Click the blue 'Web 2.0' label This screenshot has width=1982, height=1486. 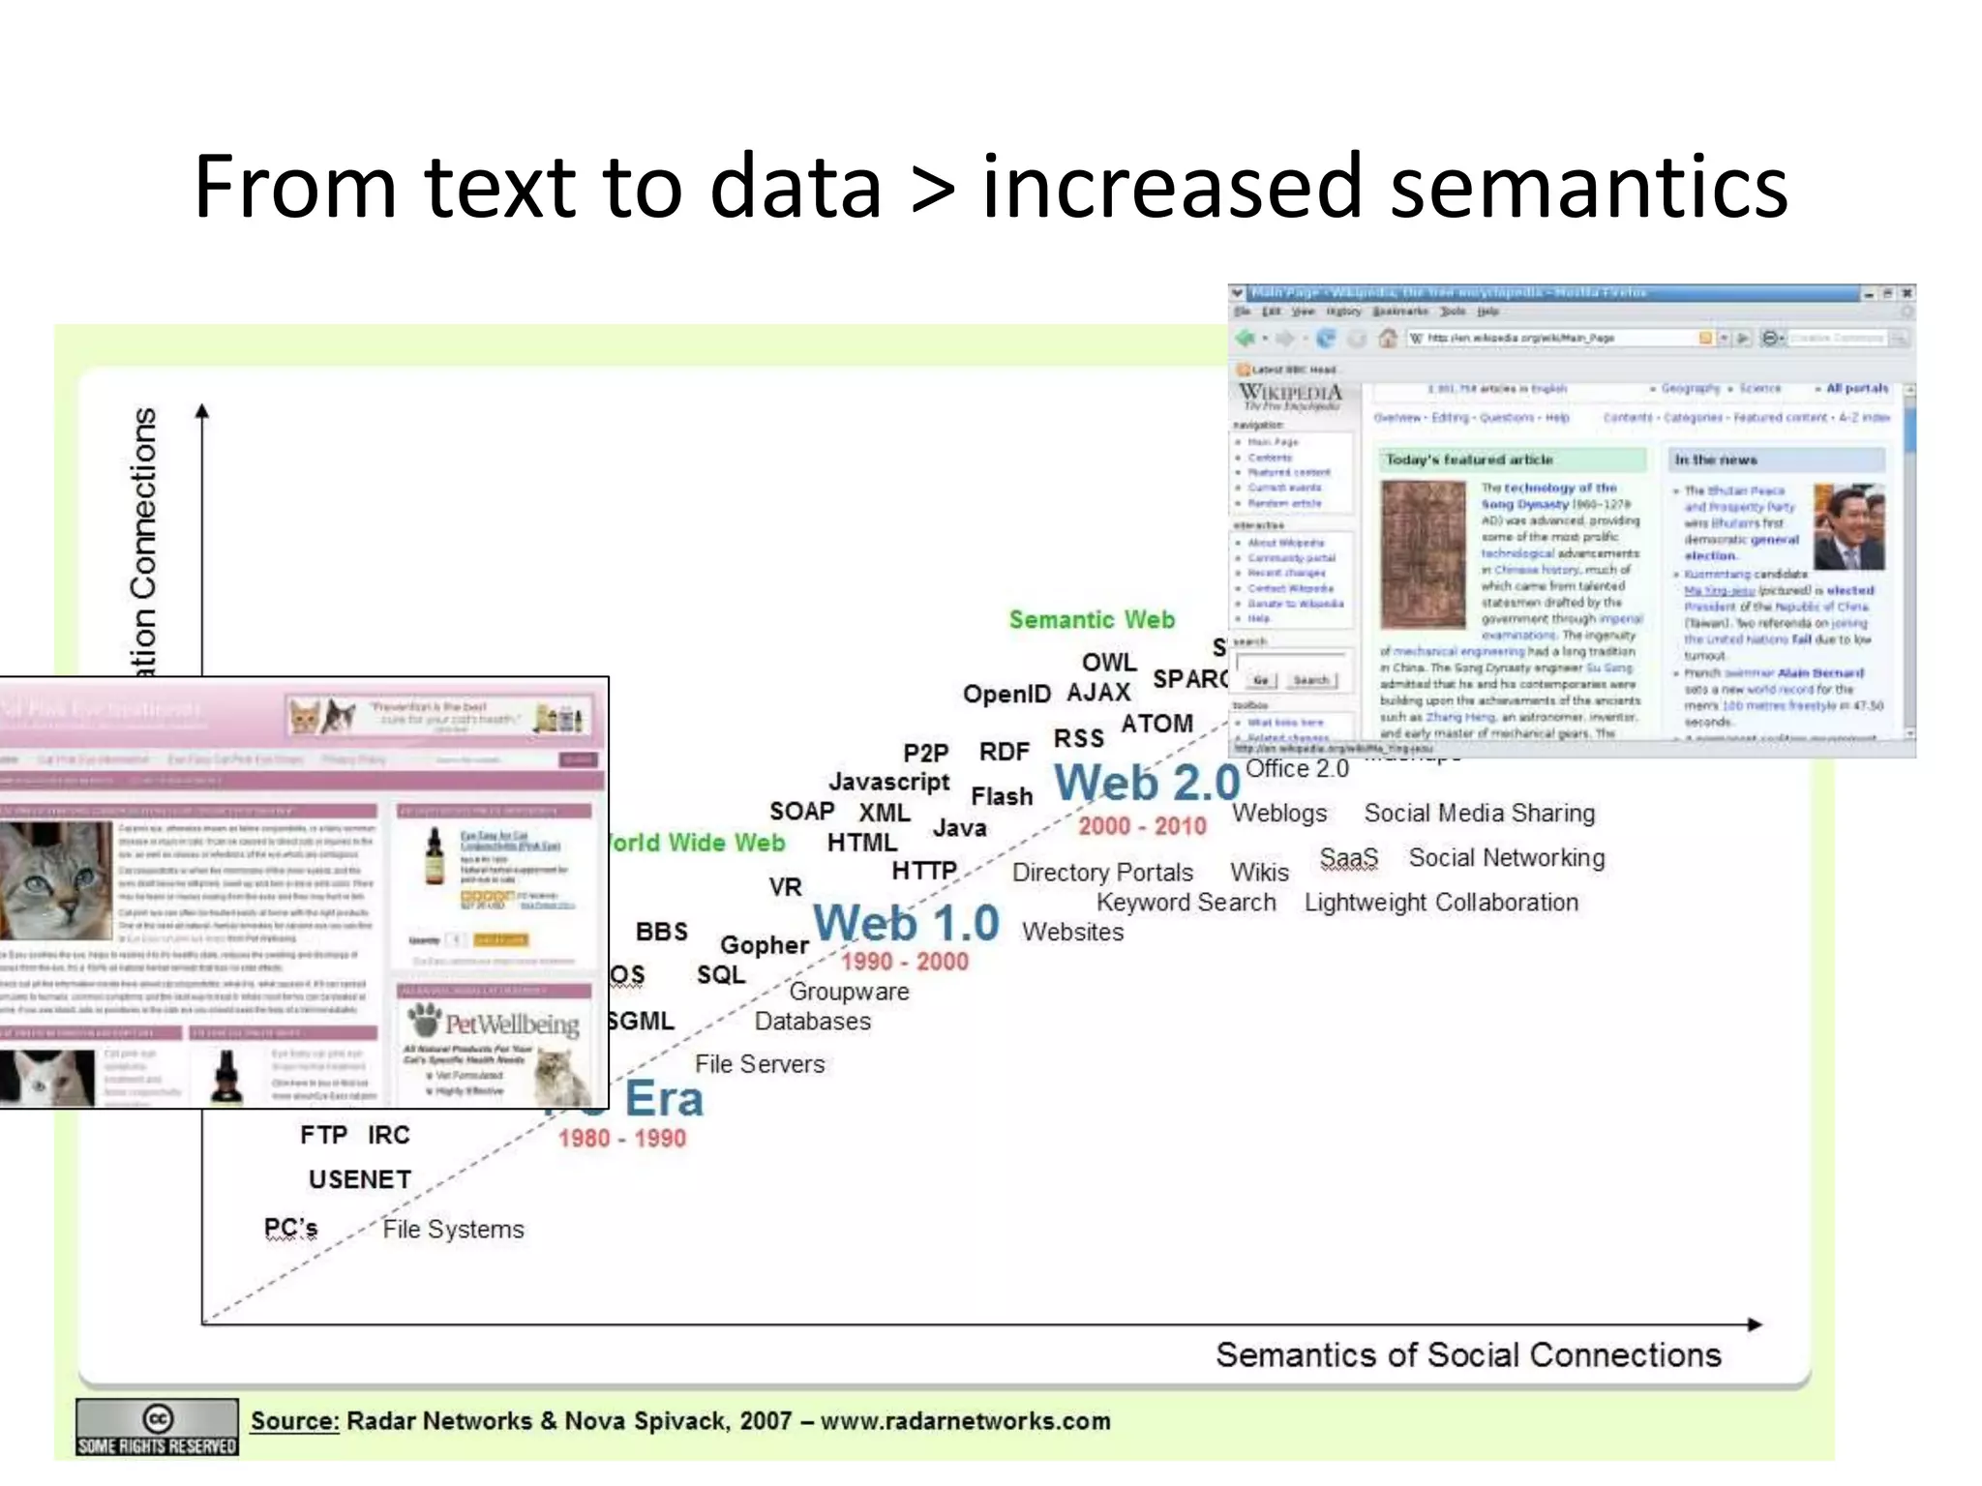[1147, 783]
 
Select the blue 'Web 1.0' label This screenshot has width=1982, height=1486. [906, 923]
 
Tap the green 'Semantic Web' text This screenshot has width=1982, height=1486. [1092, 620]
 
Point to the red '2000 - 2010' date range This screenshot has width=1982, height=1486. [1142, 826]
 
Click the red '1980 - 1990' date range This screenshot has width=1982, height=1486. [621, 1138]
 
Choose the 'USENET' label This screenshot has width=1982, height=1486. [360, 1179]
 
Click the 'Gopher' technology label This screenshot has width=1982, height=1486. [764, 945]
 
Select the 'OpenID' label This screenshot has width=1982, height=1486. [1006, 694]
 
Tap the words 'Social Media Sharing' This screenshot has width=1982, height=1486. [1479, 814]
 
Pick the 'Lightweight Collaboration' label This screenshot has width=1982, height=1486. [1441, 903]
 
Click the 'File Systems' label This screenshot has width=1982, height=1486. [453, 1230]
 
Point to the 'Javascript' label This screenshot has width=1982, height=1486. [888, 782]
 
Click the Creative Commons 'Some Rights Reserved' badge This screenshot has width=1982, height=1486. [157, 1427]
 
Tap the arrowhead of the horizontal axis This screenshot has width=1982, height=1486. [1755, 1323]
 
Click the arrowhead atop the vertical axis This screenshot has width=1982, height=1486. [202, 412]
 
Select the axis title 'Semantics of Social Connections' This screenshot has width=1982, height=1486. [1468, 1355]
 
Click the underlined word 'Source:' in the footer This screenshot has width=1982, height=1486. [294, 1421]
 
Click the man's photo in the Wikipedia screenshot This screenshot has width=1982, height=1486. [1848, 527]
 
